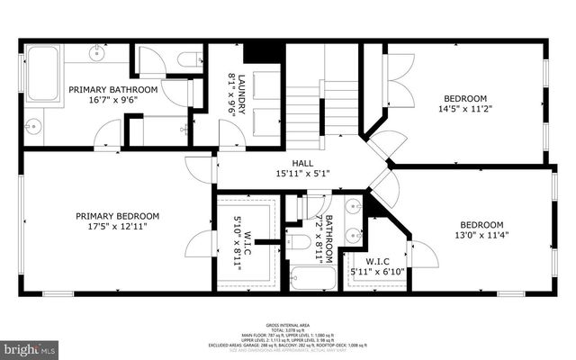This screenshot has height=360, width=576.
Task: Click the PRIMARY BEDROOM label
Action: (117, 216)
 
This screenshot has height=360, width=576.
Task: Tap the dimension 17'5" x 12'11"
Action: (117, 228)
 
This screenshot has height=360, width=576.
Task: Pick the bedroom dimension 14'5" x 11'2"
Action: (464, 110)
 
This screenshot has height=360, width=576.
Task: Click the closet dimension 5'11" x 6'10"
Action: (377, 272)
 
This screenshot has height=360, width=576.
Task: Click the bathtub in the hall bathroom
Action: (313, 277)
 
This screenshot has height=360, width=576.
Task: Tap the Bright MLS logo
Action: (29, 346)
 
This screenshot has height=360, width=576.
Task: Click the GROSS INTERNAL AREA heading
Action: (288, 324)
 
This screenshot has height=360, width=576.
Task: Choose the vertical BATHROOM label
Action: (329, 236)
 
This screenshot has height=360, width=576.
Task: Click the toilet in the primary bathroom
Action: (189, 60)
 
